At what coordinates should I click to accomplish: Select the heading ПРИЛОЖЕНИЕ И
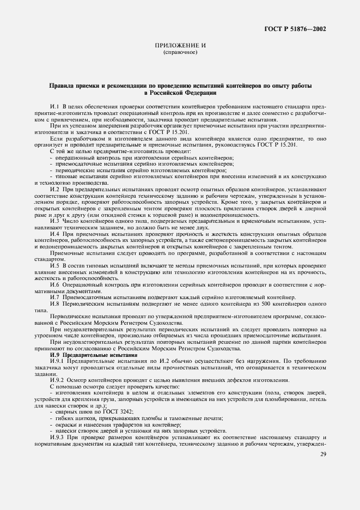pyautogui.click(x=180, y=46)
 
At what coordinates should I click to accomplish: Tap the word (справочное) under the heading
pyautogui.click(x=180, y=53)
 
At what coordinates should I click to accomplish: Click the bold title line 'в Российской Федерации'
pyautogui.click(x=180, y=93)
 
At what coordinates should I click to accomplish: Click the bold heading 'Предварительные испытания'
pyautogui.click(x=95, y=354)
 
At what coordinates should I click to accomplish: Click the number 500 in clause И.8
pyautogui.click(x=266, y=303)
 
